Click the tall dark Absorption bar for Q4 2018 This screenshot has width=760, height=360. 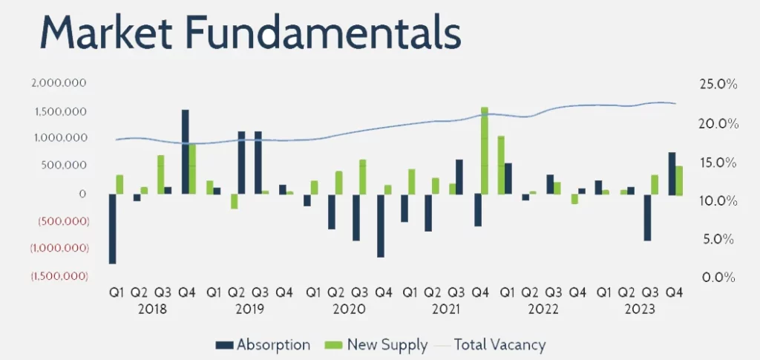185,152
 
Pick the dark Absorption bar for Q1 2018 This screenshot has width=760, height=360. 112,229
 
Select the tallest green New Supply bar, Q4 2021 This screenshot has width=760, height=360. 485,151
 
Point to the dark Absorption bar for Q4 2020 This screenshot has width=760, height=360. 381,226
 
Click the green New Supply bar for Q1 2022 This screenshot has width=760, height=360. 501,165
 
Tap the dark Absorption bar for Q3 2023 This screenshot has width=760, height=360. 647,217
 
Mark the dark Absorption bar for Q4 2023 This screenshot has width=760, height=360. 672,173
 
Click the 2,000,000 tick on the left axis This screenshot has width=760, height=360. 60,83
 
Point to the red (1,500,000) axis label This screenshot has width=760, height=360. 59,276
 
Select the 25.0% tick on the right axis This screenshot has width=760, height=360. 718,85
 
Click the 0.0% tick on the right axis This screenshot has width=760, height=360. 718,277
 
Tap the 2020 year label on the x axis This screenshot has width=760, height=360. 349,308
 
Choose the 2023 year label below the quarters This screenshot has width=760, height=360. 640,308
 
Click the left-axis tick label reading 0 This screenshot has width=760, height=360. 83,194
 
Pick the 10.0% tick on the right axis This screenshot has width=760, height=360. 718,200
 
